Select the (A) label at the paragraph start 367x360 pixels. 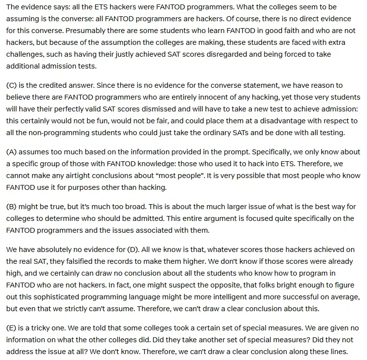12,152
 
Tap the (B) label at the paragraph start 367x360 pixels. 12,207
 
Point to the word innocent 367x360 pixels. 220,97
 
